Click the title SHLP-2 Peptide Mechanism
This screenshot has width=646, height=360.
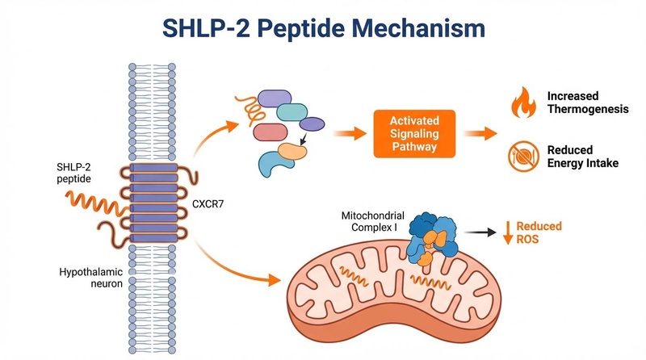pyautogui.click(x=323, y=28)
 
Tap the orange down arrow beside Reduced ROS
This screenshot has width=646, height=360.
pyautogui.click(x=510, y=232)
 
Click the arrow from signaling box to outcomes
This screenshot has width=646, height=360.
pyautogui.click(x=480, y=133)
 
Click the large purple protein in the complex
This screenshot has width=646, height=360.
pyautogui.click(x=275, y=98)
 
